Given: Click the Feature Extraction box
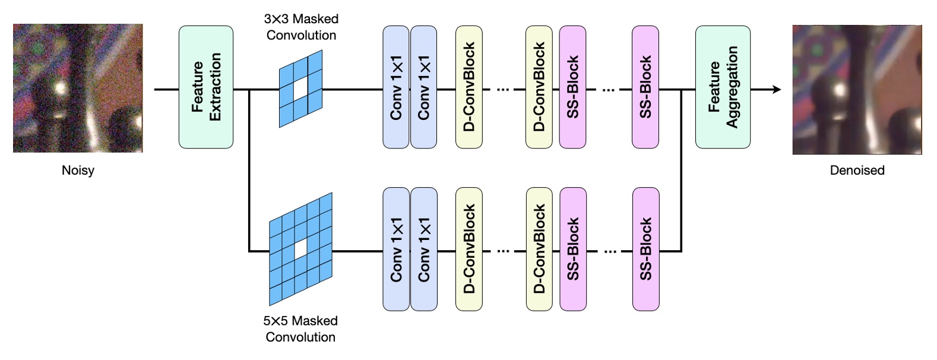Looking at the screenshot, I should tap(206, 87).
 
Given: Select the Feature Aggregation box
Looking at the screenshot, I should tap(723, 87).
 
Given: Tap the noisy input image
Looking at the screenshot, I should tap(78, 88).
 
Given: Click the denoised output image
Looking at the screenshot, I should tap(857, 90).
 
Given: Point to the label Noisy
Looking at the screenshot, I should tap(78, 170).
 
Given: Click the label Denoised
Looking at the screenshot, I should tap(857, 170).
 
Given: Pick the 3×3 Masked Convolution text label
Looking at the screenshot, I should tap(301, 27).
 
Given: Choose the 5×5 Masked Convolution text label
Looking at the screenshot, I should tap(300, 329).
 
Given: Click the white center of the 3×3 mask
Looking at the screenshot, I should tap(301, 89).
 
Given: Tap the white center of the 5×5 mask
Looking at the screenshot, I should tap(301, 248).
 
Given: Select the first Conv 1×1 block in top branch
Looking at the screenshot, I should tap(396, 87).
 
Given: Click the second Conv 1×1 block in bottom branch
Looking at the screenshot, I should tap(424, 250).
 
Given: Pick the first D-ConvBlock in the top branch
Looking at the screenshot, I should tap(469, 87).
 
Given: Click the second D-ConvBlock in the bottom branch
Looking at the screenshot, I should tap(539, 250).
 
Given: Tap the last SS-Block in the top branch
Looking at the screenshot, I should tap(645, 87).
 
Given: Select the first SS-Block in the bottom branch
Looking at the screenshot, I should tap(573, 250).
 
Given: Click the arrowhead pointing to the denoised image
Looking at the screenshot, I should tap(776, 90).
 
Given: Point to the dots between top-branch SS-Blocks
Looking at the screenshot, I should tap(609, 90).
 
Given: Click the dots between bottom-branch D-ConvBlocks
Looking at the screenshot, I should tap(504, 251).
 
